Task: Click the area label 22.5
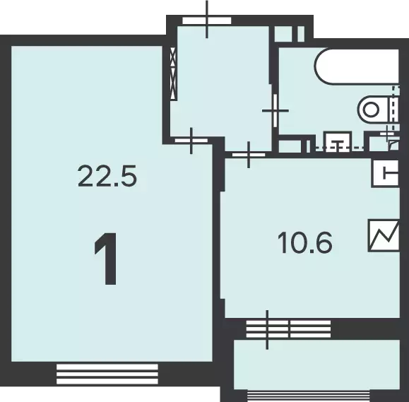107,176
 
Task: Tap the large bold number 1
107,259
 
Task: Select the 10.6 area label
305,243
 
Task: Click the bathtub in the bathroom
357,66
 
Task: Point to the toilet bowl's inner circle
371,110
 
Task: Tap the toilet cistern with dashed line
394,109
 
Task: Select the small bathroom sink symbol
338,141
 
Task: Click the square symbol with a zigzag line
384,235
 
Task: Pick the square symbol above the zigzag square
386,173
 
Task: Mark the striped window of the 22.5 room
107,374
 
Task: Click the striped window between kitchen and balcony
288,329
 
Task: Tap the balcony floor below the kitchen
316,365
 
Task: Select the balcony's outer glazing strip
309,396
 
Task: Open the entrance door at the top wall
206,20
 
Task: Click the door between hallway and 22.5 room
191,141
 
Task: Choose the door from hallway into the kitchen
249,155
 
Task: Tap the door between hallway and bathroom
275,111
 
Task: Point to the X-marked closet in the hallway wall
173,73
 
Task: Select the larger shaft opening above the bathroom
283,34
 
